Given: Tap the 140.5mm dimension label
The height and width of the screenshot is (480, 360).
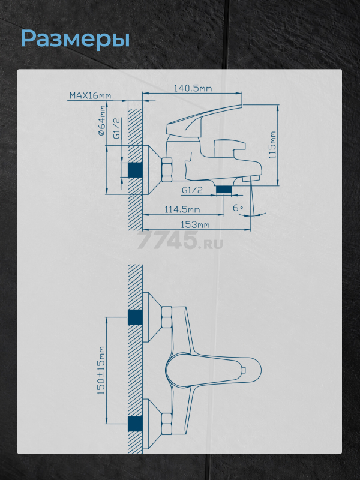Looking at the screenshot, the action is (193, 88).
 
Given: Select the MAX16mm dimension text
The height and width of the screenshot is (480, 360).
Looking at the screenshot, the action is (91, 95).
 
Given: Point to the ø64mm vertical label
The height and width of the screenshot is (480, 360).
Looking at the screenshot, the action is (101, 121).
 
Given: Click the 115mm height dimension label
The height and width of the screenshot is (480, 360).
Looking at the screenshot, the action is (272, 145).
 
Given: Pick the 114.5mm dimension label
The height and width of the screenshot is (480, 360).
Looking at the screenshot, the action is (182, 209).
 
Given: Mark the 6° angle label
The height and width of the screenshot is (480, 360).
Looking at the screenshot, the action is (238, 208).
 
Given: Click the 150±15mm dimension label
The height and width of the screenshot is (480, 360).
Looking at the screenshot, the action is (101, 370).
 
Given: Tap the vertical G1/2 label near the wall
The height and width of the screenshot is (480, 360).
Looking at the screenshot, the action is (117, 128).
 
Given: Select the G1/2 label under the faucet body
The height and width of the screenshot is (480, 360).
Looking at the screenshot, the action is (192, 190).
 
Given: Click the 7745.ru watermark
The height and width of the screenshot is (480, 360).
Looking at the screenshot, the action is (180, 241).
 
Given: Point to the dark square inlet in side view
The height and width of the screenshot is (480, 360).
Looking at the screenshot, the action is (135, 170).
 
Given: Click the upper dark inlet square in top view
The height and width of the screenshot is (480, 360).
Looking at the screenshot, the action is (135, 317).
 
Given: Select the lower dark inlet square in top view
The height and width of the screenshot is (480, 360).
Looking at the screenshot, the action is (135, 424).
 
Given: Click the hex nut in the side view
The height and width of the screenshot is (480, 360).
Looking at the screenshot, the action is (167, 170).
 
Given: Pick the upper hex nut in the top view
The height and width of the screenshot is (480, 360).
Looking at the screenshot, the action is (167, 317).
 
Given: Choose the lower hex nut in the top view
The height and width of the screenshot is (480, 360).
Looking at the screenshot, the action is (167, 423).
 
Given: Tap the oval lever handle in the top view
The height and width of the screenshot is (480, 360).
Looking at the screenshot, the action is (214, 370).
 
